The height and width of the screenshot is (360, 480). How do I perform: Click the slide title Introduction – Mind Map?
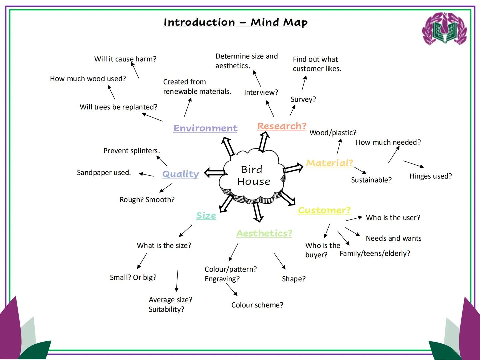235,22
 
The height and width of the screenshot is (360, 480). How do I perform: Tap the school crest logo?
444,29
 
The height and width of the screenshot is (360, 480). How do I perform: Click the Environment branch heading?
205,128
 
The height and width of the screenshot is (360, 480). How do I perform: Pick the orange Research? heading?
282,126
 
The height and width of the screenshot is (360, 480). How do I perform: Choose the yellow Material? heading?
329,163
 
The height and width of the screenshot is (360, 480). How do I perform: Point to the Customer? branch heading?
324,210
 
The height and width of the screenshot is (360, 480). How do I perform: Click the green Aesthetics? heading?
264,233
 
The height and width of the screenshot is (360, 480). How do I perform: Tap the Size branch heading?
206,216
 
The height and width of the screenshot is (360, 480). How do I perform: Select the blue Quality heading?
180,174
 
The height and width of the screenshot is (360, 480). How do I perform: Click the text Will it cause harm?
125,59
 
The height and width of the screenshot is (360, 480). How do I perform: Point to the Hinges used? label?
430,176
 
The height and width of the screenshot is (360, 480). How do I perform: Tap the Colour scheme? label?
257,305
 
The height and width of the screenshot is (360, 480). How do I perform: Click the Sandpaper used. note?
104,173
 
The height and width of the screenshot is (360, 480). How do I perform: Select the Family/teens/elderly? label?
375,254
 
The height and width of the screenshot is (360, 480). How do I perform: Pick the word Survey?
303,99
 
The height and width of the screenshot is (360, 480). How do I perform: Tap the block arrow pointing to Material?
293,168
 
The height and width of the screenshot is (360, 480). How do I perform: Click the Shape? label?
293,279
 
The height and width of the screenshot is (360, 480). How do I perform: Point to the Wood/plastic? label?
333,133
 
